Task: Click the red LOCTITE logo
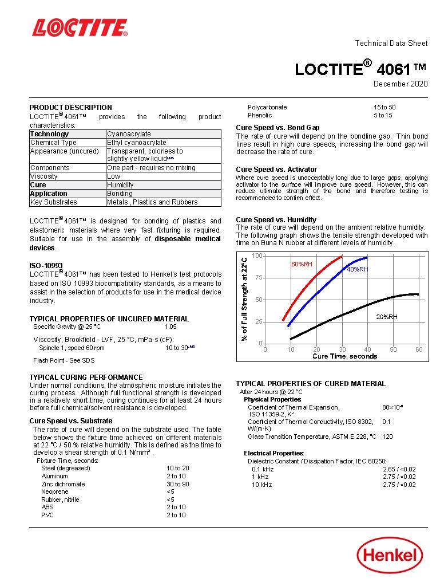[80, 27]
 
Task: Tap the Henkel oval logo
[390, 555]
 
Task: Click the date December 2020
[400, 84]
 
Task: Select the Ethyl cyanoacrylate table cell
[137, 143]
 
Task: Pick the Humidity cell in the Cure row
[120, 185]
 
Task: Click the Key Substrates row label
[53, 202]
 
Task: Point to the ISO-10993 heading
[46, 266]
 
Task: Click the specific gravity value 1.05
[171, 327]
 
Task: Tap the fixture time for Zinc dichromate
[177, 484]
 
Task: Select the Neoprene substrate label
[54, 491]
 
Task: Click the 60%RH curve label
[302, 265]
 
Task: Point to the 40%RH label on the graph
[357, 269]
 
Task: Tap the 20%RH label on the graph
[386, 317]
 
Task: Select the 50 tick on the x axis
[393, 349]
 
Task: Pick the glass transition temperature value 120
[387, 436]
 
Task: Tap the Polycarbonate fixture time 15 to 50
[384, 107]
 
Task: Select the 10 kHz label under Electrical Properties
[262, 485]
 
